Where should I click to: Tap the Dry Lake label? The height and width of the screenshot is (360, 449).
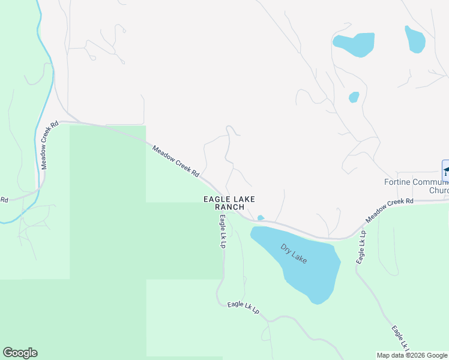[294, 253]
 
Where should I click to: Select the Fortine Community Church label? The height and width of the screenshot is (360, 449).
[417, 186]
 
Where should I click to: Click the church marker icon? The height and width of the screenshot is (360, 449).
[445, 170]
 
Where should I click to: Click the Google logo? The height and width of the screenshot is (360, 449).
[20, 353]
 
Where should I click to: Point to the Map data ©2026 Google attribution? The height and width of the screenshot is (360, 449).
[412, 355]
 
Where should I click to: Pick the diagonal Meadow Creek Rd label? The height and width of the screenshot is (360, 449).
[175, 161]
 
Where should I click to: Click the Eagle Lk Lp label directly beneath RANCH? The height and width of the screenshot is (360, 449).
[223, 231]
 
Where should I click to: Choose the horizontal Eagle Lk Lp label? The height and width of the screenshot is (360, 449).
[243, 308]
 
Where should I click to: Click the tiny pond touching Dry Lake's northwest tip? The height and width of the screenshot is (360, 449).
[261, 218]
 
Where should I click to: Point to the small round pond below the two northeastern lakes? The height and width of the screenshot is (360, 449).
[354, 97]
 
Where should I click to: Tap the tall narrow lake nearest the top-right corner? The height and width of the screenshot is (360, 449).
[415, 39]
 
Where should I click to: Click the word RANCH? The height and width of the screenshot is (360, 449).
[229, 207]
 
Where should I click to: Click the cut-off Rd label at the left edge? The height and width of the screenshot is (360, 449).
[4, 200]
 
